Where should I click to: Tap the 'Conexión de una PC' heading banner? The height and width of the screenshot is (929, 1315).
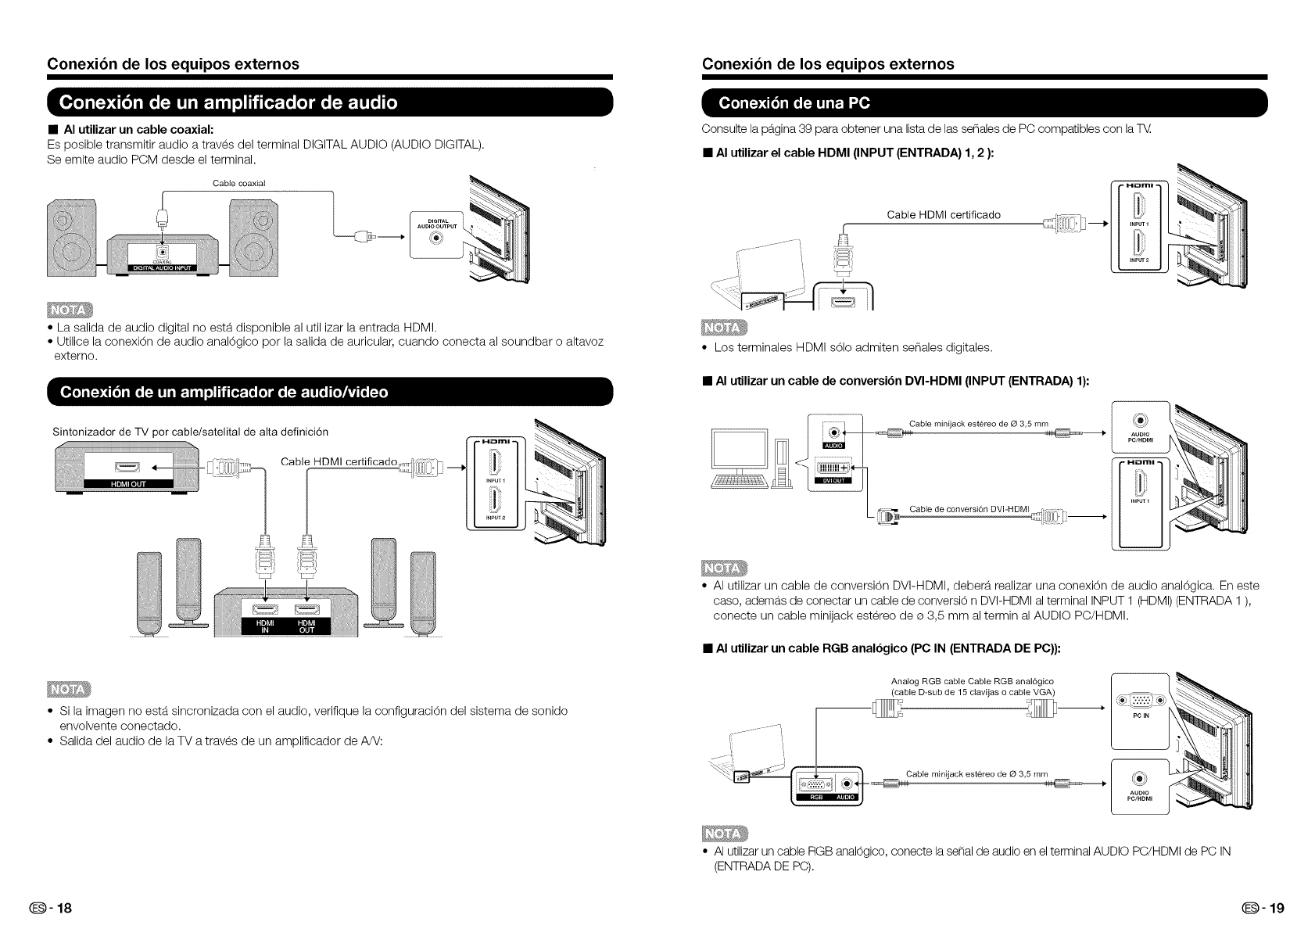pyautogui.click(x=794, y=102)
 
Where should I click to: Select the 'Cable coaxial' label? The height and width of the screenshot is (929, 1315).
pyautogui.click(x=239, y=183)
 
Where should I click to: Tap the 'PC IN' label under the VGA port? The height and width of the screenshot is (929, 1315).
pyautogui.click(x=1139, y=715)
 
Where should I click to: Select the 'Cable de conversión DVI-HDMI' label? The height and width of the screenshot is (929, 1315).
pyautogui.click(x=969, y=510)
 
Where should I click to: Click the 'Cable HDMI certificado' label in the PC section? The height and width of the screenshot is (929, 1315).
pyautogui.click(x=943, y=215)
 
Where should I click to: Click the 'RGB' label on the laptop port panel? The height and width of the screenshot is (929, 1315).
pyautogui.click(x=813, y=798)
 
